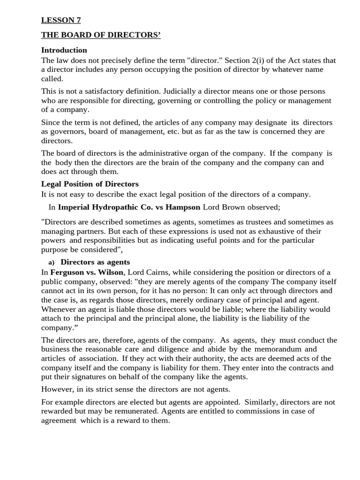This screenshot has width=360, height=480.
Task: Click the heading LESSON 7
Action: coord(58,20)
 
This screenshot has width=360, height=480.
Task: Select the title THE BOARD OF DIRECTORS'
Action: coord(101,35)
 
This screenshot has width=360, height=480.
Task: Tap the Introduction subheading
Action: coord(64,50)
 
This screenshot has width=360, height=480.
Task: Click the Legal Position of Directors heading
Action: coord(90,184)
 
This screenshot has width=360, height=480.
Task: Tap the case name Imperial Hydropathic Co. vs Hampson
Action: coord(129,207)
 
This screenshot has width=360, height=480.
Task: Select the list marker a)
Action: coord(51,262)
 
